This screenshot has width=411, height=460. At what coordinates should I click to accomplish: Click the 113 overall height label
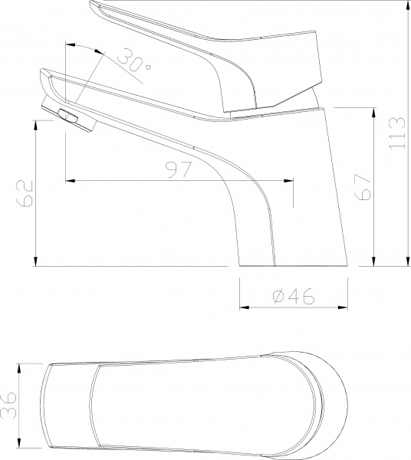[397, 134]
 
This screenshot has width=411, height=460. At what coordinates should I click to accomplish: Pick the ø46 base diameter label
[292, 297]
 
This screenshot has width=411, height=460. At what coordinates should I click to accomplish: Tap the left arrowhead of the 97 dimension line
[71, 181]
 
